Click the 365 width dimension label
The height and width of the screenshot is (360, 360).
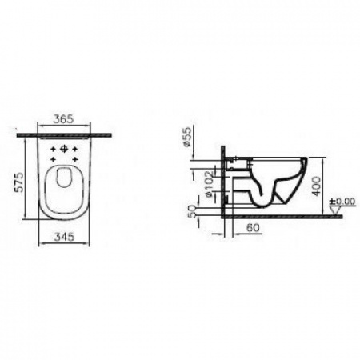click(x=63, y=119)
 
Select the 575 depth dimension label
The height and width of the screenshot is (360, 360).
click(x=19, y=182)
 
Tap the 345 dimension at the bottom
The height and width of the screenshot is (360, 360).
click(x=64, y=237)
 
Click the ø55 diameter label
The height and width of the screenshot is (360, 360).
click(x=187, y=137)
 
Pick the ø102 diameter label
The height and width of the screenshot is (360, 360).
click(x=210, y=184)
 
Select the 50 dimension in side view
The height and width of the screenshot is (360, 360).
click(x=192, y=212)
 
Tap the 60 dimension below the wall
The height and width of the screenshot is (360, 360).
click(x=253, y=227)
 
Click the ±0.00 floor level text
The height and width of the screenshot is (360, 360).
click(x=342, y=202)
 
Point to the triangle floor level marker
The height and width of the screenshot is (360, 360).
click(x=335, y=210)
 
